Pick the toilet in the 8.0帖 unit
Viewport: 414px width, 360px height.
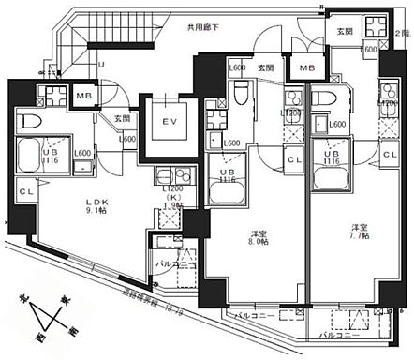[241, 93]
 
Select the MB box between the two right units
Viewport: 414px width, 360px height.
[306, 68]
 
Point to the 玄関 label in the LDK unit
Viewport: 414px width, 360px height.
[122, 118]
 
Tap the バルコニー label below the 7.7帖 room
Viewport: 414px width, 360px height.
[342, 333]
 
